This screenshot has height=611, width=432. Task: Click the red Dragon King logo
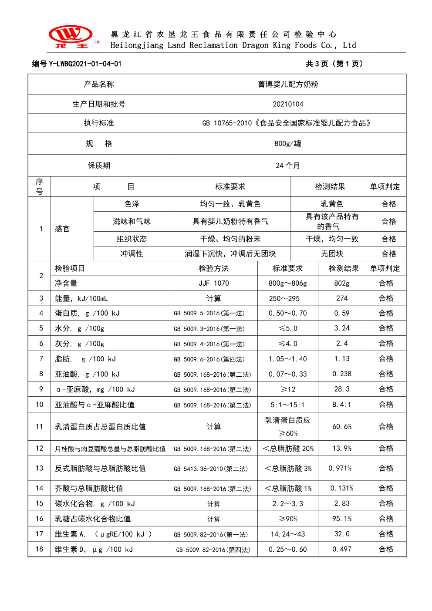click(71, 36)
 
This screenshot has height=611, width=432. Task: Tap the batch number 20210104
click(288, 104)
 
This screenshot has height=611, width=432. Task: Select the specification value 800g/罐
click(288, 143)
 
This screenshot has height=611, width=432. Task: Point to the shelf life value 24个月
click(288, 165)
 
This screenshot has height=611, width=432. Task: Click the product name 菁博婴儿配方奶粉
click(288, 84)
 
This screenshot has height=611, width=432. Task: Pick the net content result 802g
click(342, 283)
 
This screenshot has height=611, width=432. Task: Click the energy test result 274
click(342, 298)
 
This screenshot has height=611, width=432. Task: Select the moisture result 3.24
click(342, 328)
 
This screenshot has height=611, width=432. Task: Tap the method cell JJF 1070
click(213, 283)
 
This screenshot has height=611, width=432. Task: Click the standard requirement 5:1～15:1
click(287, 405)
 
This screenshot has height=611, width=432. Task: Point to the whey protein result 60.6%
click(342, 426)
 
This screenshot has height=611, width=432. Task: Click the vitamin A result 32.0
click(342, 534)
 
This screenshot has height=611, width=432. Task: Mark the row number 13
click(40, 468)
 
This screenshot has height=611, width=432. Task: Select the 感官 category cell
click(62, 229)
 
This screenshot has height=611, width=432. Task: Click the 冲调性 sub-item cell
click(132, 253)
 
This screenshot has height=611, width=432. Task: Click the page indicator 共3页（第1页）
click(334, 64)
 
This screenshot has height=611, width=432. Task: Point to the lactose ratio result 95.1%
click(342, 519)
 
